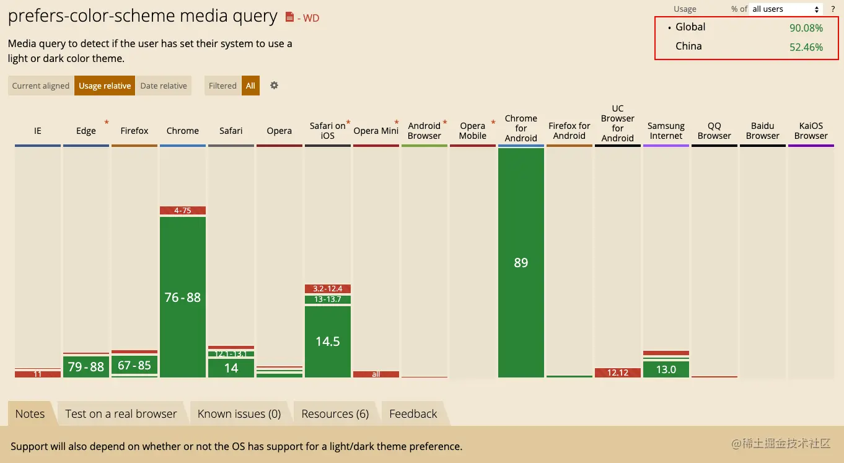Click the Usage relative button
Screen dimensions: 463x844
point(105,86)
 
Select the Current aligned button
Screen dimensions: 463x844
point(41,86)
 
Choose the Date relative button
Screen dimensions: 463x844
point(164,86)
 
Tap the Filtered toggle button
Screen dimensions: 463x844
point(222,86)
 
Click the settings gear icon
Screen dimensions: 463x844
point(274,86)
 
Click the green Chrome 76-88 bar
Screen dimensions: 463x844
point(183,297)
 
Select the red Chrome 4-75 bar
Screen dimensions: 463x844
point(183,211)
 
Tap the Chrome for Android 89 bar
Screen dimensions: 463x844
point(521,263)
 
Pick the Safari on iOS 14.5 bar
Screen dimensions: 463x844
point(328,342)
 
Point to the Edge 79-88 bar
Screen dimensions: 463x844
point(86,367)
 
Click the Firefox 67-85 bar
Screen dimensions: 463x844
point(134,365)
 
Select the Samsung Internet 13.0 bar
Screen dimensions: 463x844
point(666,369)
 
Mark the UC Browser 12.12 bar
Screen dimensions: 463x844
point(618,373)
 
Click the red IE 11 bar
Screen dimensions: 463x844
point(38,374)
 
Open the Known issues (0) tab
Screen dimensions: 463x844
point(239,414)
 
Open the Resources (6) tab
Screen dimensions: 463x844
point(335,414)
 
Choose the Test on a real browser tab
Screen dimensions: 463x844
point(121,414)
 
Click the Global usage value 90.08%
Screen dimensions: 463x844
point(806,28)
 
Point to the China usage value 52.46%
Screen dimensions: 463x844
point(806,47)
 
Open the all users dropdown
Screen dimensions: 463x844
point(786,9)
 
